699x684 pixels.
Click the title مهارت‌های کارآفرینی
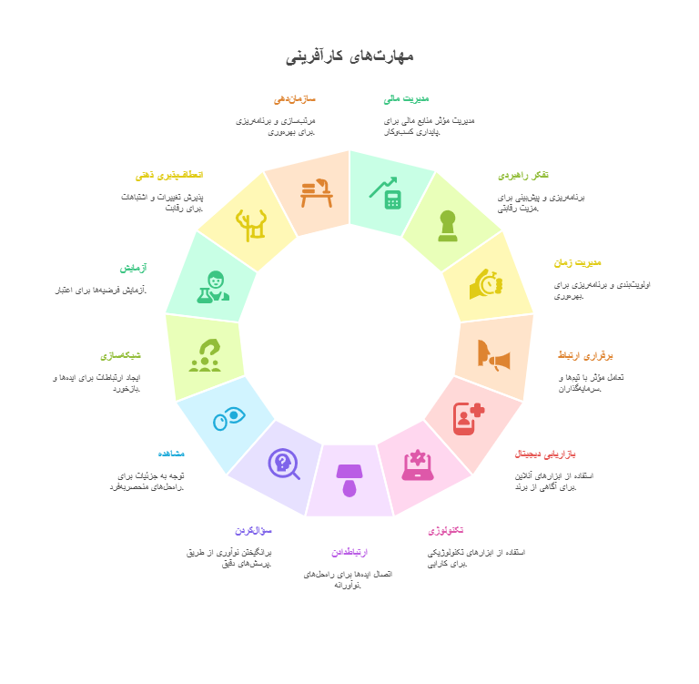[349, 56]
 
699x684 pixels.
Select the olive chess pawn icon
[447, 225]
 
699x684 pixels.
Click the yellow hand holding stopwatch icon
[486, 284]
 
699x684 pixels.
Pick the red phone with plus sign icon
[468, 418]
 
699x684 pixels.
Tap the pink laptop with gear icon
[418, 465]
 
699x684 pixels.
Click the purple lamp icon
[349, 480]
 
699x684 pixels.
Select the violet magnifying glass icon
[283, 464]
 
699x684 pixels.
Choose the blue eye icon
[228, 418]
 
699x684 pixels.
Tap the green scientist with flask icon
[213, 287]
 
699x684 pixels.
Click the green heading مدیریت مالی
[406, 98]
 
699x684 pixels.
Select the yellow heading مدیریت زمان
[577, 262]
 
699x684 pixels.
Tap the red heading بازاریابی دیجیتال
[544, 454]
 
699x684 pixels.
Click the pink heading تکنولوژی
[445, 530]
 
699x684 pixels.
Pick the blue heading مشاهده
[171, 454]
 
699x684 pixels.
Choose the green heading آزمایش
[133, 268]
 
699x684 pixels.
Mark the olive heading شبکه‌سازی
[120, 355]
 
